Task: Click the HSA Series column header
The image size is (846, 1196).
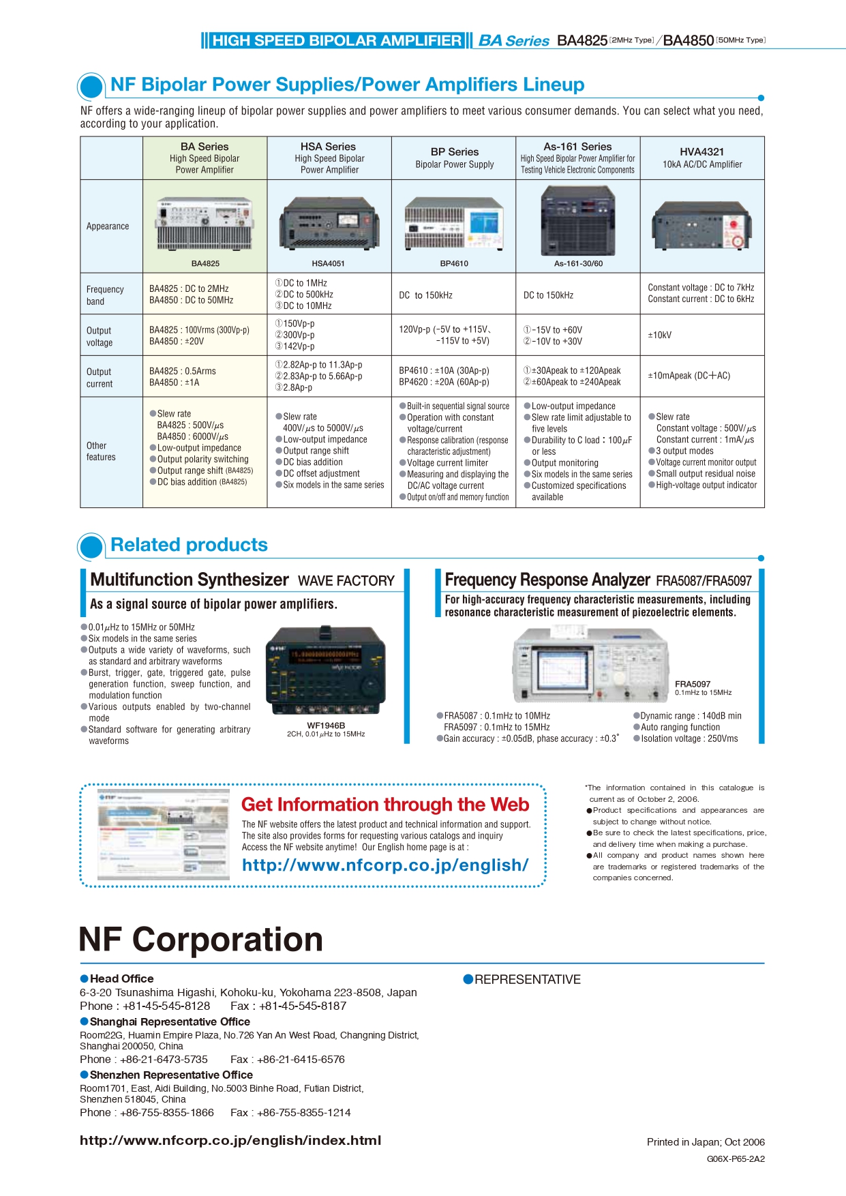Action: [329, 158]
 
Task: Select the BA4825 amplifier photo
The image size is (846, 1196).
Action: [205, 224]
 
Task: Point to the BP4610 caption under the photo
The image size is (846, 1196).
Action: [454, 263]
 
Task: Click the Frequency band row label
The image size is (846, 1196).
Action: [105, 295]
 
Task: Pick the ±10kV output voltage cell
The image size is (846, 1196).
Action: [659, 335]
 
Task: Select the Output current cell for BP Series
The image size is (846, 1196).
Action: [444, 376]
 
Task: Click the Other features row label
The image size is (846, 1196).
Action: [101, 451]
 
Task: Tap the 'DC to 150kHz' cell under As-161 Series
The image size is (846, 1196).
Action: [548, 295]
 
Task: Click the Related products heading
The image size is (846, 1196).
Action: [189, 545]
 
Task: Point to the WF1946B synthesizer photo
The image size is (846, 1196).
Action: [326, 671]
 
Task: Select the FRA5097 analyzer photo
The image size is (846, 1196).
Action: [590, 665]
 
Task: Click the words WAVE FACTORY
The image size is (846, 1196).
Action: [346, 581]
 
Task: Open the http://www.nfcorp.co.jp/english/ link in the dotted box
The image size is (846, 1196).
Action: [385, 865]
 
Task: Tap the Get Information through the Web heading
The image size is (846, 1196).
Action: [385, 805]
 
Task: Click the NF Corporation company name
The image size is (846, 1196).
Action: [200, 940]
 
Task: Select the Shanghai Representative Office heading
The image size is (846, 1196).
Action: [169, 1021]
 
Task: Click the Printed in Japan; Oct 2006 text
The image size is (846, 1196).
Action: [706, 1142]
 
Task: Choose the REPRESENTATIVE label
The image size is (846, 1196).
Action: [527, 980]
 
